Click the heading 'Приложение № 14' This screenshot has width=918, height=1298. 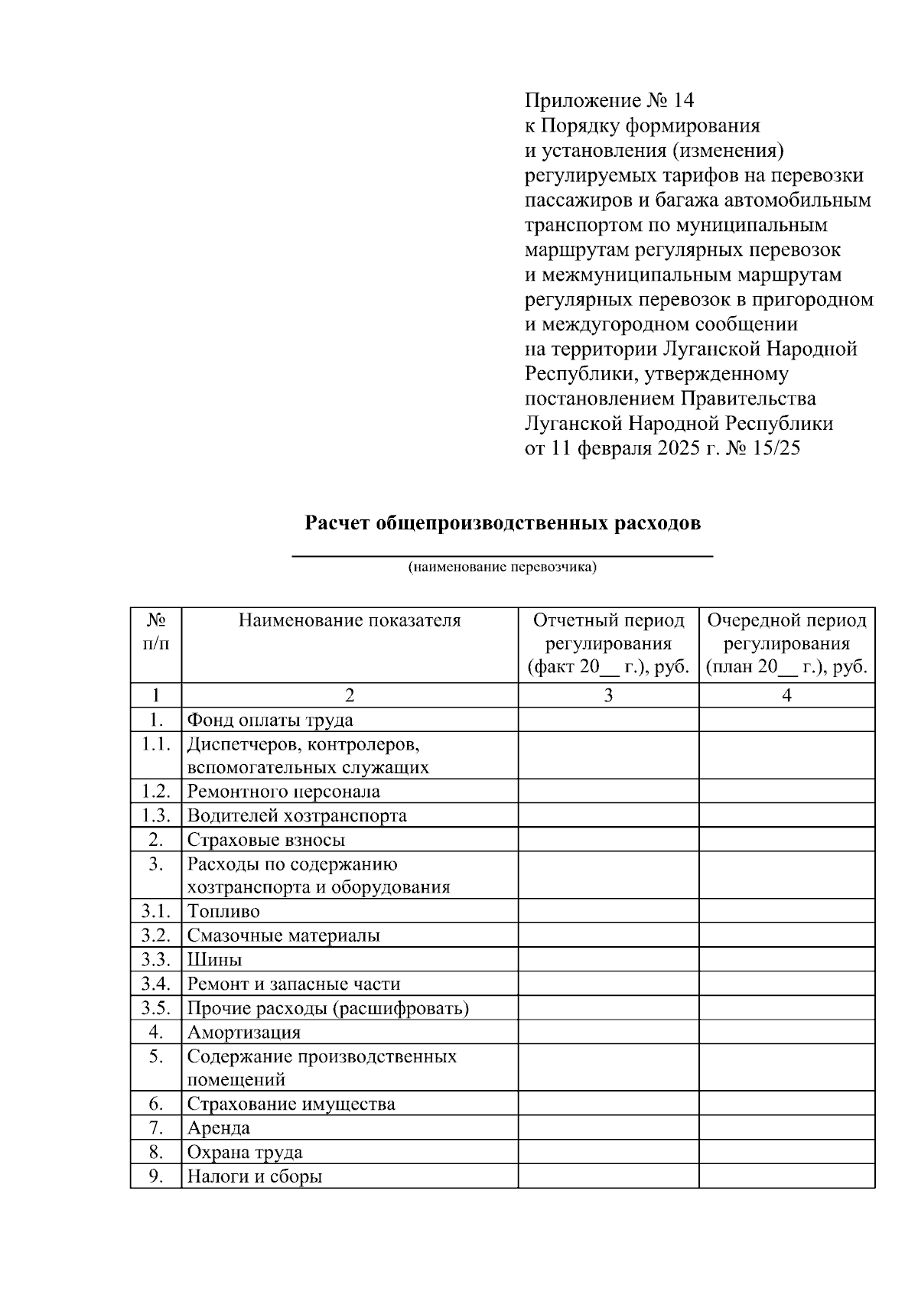point(609,101)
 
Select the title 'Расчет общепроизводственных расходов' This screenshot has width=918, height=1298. point(503,524)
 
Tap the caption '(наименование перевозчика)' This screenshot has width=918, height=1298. point(502,567)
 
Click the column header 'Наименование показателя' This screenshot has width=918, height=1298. point(350,620)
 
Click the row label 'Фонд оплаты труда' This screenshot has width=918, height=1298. point(270,720)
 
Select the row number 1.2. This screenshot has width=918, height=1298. point(155,791)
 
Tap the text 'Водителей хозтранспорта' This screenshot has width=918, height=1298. point(297,815)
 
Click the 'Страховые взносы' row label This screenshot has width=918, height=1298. point(266,840)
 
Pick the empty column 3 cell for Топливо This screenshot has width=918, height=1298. point(608,911)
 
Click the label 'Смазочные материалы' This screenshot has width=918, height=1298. point(284,935)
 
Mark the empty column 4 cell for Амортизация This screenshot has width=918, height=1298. point(786,1032)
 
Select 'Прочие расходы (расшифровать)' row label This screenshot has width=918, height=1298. point(328,1008)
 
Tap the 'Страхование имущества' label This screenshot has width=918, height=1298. point(291,1104)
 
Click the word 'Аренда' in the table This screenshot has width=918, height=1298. point(219,1128)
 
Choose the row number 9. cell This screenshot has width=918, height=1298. point(155,1176)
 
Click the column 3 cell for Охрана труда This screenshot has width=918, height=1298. point(608,1152)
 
